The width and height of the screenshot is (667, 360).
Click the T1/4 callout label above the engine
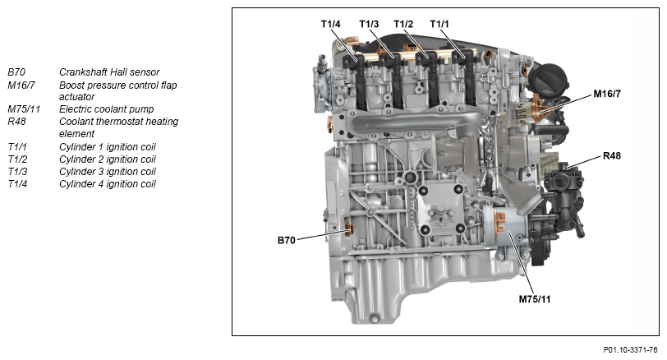pyautogui.click(x=330, y=24)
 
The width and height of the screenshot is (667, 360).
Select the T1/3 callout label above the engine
pyautogui.click(x=369, y=24)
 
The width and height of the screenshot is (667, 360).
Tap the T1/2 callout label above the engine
pyautogui.click(x=403, y=24)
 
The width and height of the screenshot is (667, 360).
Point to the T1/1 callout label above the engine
pyautogui.click(x=439, y=24)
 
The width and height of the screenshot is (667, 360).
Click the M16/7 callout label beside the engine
pyautogui.click(x=607, y=94)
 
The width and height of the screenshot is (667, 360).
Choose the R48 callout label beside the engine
pyautogui.click(x=612, y=155)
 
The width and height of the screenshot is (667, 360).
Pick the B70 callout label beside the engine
pyautogui.click(x=287, y=241)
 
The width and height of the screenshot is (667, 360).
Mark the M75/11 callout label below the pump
pyautogui.click(x=534, y=299)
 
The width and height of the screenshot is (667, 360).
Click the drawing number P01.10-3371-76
pyautogui.click(x=630, y=350)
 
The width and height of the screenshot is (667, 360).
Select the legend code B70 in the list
pyautogui.click(x=16, y=72)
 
